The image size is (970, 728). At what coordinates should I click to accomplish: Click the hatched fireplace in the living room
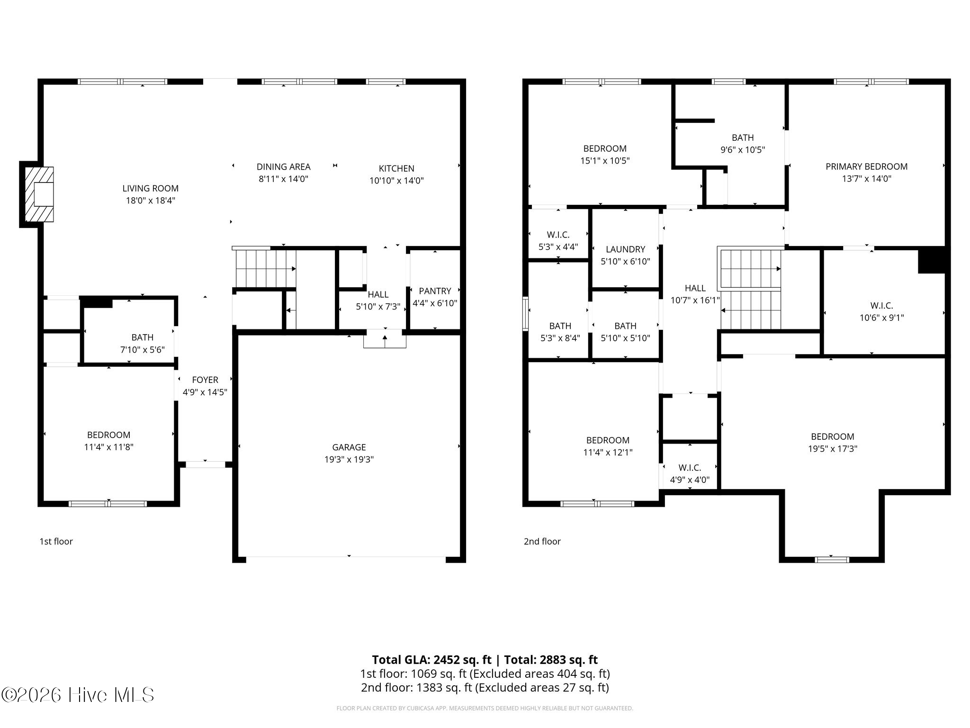pyautogui.click(x=39, y=194)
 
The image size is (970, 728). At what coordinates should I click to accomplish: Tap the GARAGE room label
pyautogui.click(x=349, y=447)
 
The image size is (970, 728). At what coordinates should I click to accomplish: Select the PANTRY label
pyautogui.click(x=435, y=291)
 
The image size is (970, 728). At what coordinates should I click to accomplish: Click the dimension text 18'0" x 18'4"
pyautogui.click(x=151, y=200)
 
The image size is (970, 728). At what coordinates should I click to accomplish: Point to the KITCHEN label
pyautogui.click(x=396, y=168)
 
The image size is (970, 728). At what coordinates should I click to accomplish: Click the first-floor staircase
pyautogui.click(x=265, y=269)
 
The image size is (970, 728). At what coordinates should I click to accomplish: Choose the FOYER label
pyautogui.click(x=205, y=380)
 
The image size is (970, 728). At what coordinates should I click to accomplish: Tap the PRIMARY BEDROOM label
pyautogui.click(x=866, y=166)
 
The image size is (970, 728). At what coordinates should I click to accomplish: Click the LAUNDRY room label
pyautogui.click(x=625, y=249)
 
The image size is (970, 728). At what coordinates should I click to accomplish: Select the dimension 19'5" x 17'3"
pyautogui.click(x=832, y=449)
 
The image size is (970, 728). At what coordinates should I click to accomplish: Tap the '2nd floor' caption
pyautogui.click(x=542, y=541)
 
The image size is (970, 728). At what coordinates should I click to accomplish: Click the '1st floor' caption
pyautogui.click(x=56, y=541)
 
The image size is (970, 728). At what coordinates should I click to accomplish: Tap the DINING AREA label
pyautogui.click(x=283, y=167)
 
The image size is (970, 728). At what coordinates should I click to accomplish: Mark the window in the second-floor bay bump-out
pyautogui.click(x=832, y=560)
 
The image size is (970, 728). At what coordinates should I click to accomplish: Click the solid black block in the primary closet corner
pyautogui.click(x=931, y=260)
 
